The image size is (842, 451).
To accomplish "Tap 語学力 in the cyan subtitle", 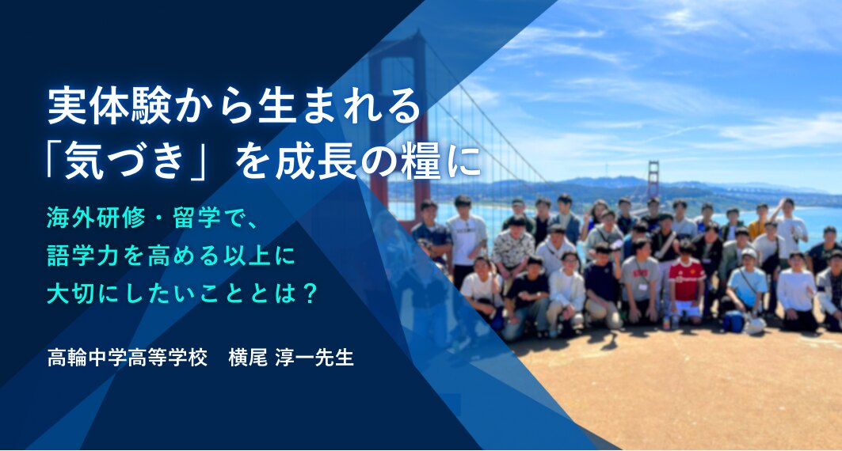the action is coord(78,256).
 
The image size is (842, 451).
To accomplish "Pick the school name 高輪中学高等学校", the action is coord(128,358).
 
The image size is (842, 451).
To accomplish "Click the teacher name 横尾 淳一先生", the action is coord(291,358).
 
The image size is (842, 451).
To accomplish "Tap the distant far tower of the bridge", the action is coord(653,179).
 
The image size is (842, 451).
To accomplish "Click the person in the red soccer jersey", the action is coord(686,284).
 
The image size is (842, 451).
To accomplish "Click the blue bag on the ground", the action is coord(733,321).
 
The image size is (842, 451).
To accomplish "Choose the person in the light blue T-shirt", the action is coord(746,287).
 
